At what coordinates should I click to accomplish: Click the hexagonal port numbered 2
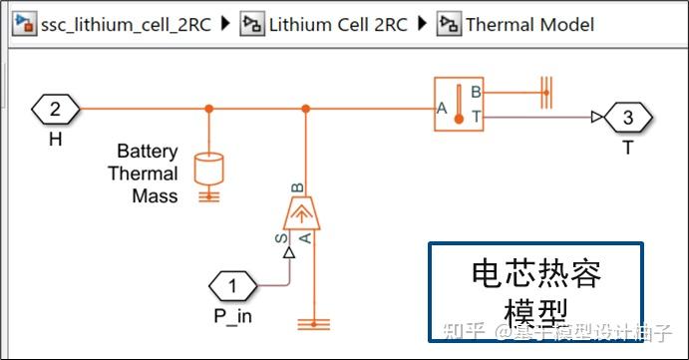55,109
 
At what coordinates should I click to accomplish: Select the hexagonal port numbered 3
627,118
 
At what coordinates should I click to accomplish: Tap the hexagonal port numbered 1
233,288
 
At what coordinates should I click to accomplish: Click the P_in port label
233,318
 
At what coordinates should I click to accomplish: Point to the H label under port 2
55,139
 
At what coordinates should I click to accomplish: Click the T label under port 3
627,147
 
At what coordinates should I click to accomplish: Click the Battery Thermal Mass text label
148,174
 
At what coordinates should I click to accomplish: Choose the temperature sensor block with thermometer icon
459,103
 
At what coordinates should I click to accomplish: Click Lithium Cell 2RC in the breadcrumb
338,24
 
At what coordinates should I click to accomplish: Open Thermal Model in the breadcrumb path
529,24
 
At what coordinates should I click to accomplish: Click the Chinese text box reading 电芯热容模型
535,290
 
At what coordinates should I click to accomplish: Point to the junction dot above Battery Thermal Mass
208,109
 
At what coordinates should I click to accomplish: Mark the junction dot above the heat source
306,109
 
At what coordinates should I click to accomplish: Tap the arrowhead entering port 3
596,118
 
